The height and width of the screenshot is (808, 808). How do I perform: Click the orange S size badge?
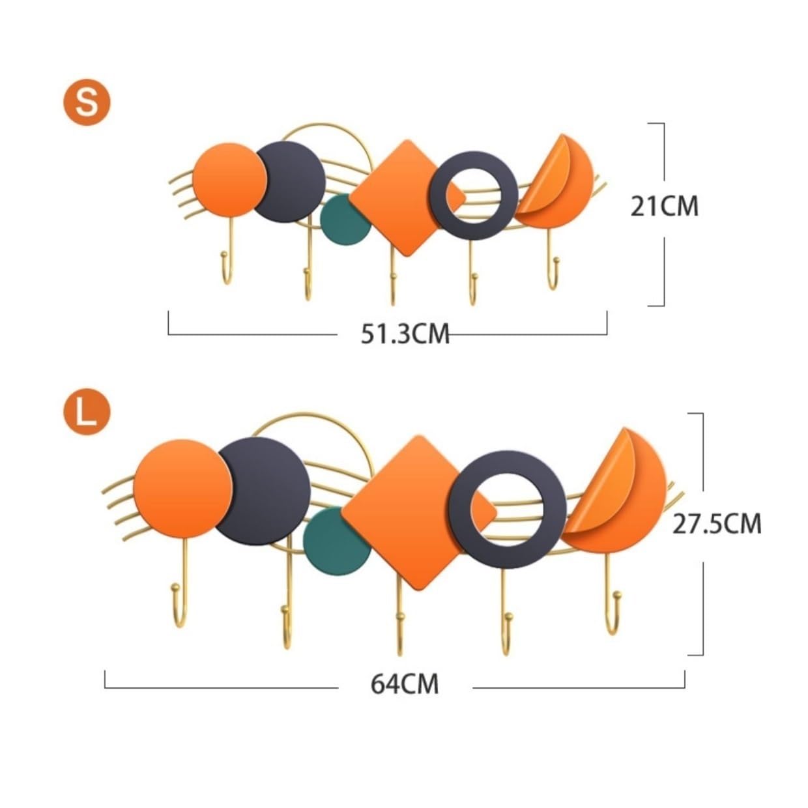click(87, 102)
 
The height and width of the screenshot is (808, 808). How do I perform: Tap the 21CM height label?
click(664, 207)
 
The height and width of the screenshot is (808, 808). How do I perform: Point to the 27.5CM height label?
click(717, 524)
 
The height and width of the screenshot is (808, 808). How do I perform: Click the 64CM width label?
click(405, 684)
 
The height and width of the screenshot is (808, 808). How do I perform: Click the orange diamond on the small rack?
click(407, 198)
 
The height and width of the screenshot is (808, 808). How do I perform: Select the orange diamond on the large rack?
click(419, 512)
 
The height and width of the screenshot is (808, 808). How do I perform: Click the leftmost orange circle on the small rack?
click(229, 180)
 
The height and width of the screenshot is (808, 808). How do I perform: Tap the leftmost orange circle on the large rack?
click(182, 489)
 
